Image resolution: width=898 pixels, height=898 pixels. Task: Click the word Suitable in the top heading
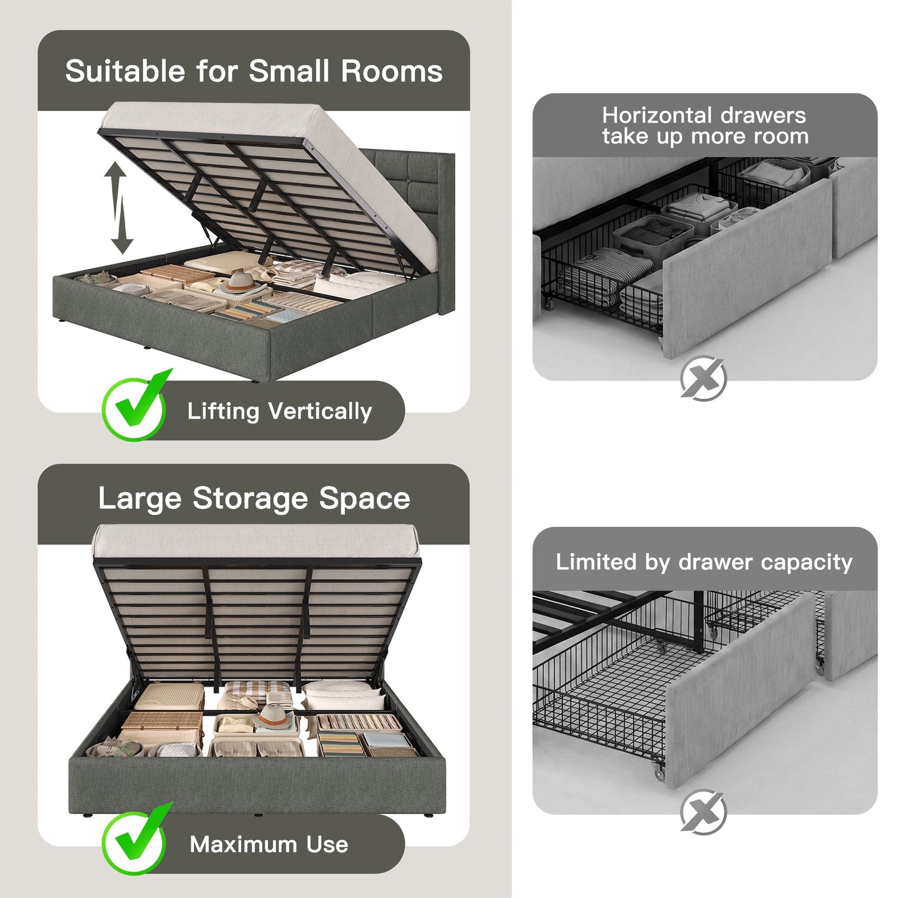click(125, 71)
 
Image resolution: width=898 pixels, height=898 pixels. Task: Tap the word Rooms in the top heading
click(392, 71)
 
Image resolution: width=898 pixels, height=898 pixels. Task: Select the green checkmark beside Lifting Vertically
click(135, 406)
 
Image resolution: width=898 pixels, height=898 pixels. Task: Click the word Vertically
click(320, 411)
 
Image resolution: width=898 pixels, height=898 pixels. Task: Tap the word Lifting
click(223, 412)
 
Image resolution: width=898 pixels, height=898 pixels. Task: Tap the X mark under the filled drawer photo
click(703, 378)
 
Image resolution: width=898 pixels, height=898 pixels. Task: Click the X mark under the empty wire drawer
click(703, 812)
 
